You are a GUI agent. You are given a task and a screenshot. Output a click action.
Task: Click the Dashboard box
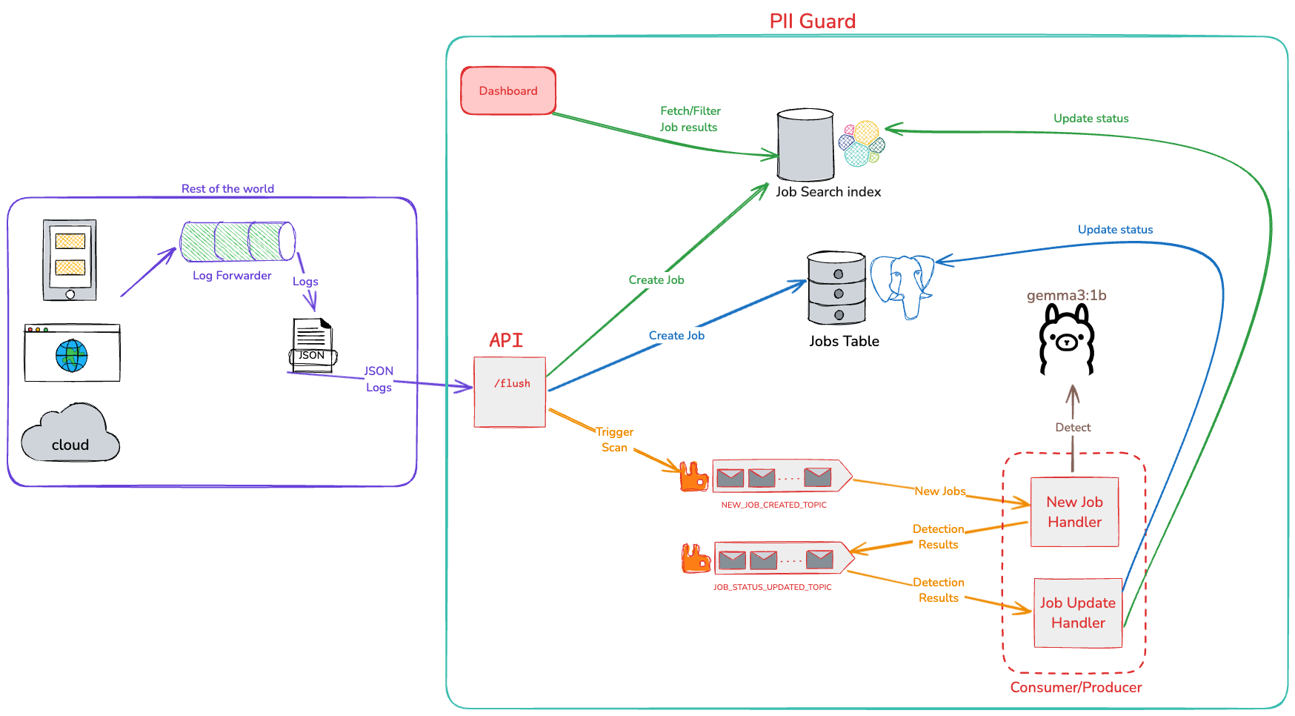pos(508,90)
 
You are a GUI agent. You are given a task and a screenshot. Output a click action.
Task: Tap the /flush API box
pos(510,392)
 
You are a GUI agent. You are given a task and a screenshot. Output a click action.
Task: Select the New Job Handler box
pos(1074,512)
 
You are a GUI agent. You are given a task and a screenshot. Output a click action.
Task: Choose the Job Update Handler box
pos(1078,613)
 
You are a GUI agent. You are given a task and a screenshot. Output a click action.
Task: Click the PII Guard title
pos(813,21)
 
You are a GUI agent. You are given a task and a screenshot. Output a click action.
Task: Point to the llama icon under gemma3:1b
pos(1067,339)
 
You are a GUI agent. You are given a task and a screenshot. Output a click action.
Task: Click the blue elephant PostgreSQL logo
pos(902,285)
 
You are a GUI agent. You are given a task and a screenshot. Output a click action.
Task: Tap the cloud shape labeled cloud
pos(70,434)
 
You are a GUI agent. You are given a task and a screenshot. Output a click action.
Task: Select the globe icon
pos(72,356)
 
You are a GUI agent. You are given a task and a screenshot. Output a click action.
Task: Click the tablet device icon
pos(70,259)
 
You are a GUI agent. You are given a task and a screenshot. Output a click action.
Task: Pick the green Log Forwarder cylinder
pos(237,242)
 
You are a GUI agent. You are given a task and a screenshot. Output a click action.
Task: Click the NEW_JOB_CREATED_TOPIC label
pos(773,505)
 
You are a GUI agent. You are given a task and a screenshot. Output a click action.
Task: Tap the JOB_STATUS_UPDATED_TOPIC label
pos(773,587)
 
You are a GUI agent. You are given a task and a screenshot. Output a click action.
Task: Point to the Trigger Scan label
pos(615,440)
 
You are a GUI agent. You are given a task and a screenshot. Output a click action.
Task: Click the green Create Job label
pos(656,280)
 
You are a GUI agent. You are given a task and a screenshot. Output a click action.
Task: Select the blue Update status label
pos(1115,230)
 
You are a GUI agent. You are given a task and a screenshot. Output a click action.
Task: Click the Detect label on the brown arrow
pos(1073,428)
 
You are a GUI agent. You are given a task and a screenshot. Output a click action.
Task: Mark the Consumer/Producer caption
pos(1076,687)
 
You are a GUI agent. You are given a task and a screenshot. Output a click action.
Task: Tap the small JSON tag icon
pos(312,357)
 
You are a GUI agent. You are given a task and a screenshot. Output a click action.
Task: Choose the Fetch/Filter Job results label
pos(690,119)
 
